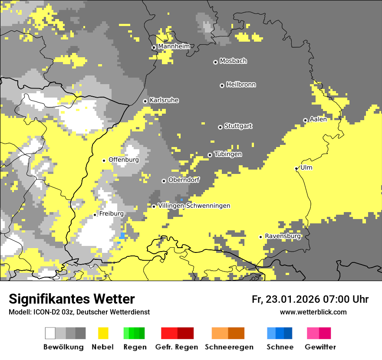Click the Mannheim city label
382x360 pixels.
coord(174,46)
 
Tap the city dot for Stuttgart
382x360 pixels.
coord(220,127)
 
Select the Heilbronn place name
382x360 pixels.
coord(241,85)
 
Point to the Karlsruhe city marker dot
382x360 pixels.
coord(145,101)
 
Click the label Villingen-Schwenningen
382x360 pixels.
coord(194,206)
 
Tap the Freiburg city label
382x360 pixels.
coord(111,214)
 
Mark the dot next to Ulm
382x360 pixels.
coord(296,169)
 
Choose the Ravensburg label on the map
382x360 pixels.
coord(283,236)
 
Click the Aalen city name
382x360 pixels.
coord(318,119)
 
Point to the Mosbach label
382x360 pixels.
coord(233,61)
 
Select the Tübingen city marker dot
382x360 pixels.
coord(210,155)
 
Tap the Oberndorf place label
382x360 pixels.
coord(184,180)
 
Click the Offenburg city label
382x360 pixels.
coord(124,160)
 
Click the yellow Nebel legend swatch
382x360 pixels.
coord(103,333)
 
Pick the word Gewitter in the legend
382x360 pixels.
coord(320,347)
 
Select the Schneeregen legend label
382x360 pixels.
coord(229,347)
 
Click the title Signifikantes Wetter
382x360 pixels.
coord(72,299)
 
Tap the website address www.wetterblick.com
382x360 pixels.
coord(313,312)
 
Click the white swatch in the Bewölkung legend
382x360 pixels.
coord(50,333)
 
